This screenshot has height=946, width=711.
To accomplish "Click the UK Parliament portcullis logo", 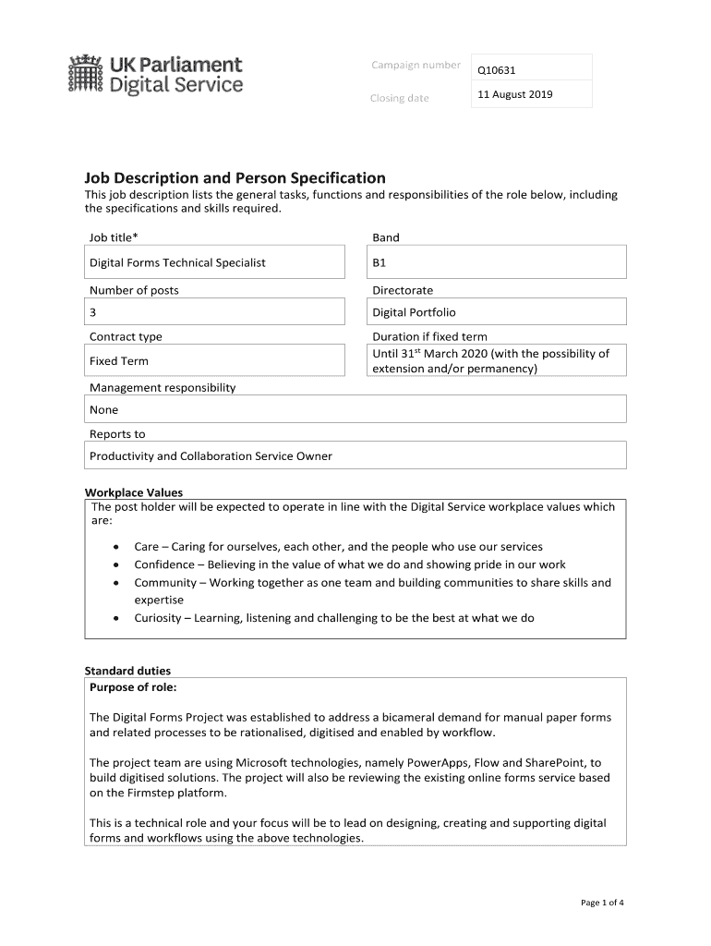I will [x=85, y=74].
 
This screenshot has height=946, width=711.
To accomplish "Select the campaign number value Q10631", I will [x=496, y=70].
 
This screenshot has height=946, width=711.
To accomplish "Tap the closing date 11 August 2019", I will [x=514, y=94].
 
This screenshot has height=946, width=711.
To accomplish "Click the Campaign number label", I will [x=416, y=65].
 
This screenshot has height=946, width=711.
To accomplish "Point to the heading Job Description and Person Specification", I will [x=235, y=177].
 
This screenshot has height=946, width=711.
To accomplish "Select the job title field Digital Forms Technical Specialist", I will [x=177, y=262].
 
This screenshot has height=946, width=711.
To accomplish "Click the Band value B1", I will [x=380, y=262].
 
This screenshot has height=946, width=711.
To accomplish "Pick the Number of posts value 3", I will [x=93, y=312].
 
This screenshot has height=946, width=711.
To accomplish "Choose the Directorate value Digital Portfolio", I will [x=414, y=312].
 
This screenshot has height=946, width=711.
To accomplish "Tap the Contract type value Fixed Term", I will [x=118, y=361].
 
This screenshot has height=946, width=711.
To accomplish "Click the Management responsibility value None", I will [x=103, y=409].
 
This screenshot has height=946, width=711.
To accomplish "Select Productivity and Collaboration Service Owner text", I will [x=211, y=455].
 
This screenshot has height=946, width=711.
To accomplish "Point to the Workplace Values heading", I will [x=134, y=492].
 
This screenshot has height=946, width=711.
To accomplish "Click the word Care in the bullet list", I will [x=146, y=546].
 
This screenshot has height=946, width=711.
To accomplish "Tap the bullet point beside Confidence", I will [x=115, y=564].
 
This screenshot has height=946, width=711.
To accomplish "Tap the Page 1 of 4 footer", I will [x=602, y=903].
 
